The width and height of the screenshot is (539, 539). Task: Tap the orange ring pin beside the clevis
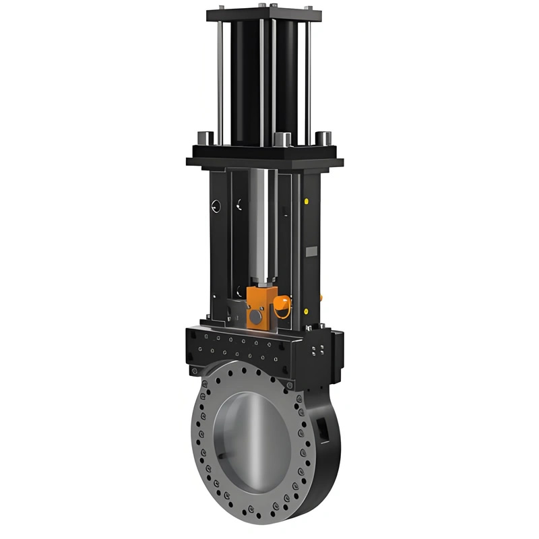coord(284,307)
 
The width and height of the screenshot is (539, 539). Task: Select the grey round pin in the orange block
coord(255,315)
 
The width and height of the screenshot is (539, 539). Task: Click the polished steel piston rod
coord(262,222)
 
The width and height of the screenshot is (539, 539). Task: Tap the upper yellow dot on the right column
coord(307,201)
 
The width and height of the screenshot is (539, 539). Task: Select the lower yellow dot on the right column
coord(307,311)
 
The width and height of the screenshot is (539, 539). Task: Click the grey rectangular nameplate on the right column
coord(311,251)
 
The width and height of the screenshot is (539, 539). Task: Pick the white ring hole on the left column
coord(215,205)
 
